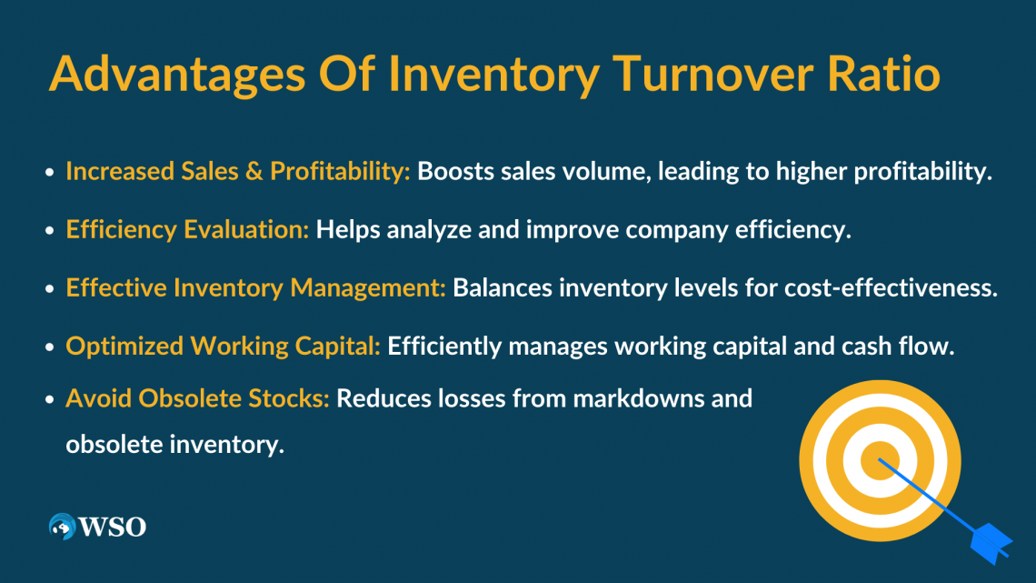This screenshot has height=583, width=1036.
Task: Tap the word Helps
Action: (347, 230)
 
